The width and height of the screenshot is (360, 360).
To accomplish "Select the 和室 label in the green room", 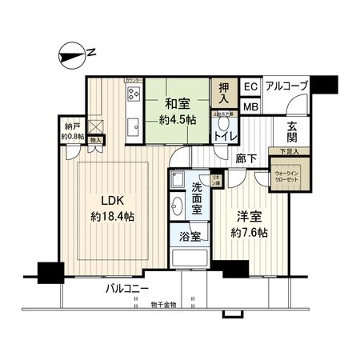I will (x=177, y=103).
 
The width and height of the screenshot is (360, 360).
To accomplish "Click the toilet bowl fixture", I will (x=223, y=124).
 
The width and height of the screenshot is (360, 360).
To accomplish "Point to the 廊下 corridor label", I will (x=246, y=159).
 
